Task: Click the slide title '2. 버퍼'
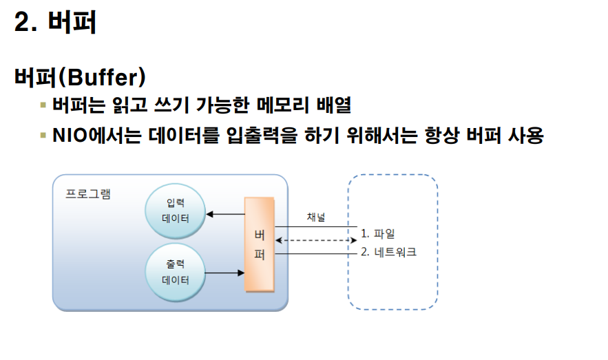pyautogui.click(x=55, y=23)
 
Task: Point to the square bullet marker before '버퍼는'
pyautogui.click(x=43, y=105)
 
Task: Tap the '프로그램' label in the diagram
pyautogui.click(x=88, y=193)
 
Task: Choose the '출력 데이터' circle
pyautogui.click(x=176, y=272)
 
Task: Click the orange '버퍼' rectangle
pyautogui.click(x=260, y=244)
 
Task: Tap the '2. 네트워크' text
pyautogui.click(x=388, y=252)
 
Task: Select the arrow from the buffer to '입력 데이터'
pyautogui.click(x=225, y=214)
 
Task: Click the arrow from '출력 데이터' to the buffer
pyautogui.click(x=225, y=273)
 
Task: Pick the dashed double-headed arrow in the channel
pyautogui.click(x=315, y=240)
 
